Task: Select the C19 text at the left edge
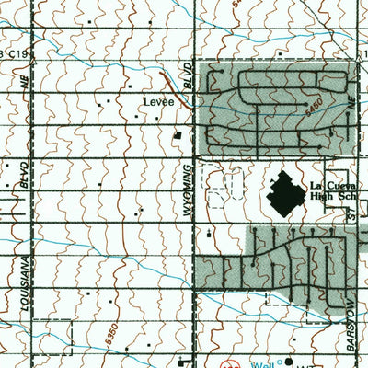coord(20,54)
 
